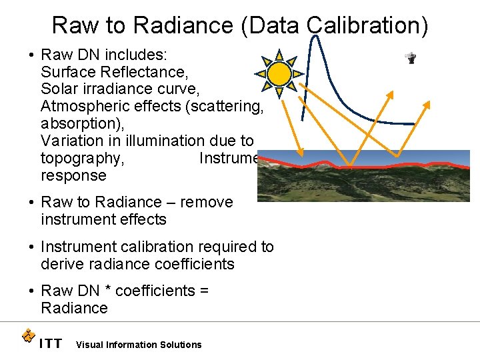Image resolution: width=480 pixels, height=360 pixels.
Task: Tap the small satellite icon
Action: [x=411, y=58]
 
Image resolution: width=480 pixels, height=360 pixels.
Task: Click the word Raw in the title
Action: [x=73, y=25]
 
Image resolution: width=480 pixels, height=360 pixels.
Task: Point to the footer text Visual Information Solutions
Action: [x=139, y=345]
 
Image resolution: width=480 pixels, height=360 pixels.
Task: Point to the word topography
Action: [x=81, y=158]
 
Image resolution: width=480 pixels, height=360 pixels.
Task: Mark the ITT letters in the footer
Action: [x=51, y=344]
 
